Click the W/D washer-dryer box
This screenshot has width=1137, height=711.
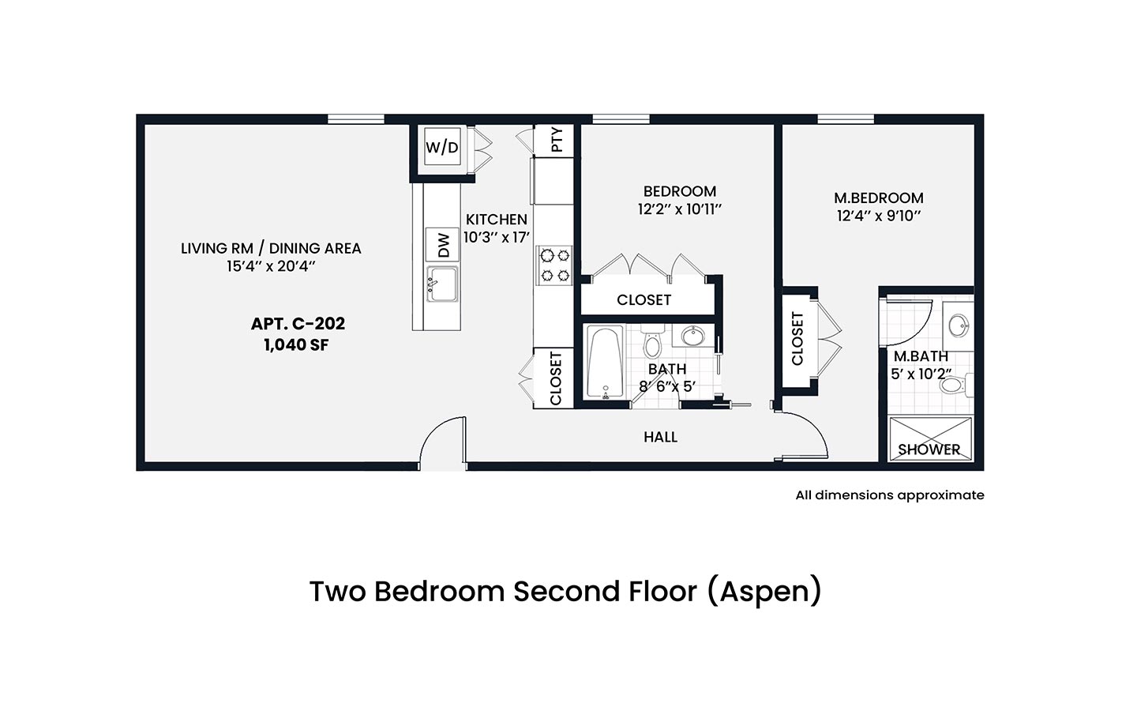pos(442,146)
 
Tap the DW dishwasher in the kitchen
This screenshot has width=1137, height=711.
pos(443,245)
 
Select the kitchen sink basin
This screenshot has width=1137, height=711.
pos(443,284)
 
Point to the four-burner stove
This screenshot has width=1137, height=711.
pos(555,265)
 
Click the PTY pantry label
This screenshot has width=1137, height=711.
pos(557,140)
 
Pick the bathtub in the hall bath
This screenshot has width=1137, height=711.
pos(605,362)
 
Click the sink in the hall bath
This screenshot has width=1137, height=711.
pos(692,336)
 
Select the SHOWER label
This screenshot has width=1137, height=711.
pos(929,450)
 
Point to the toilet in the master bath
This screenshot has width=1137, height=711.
pos(956,385)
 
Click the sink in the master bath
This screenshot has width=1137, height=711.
pos(959,325)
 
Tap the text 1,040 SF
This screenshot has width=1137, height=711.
pos(296,345)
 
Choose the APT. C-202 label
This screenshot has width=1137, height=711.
pos(298,324)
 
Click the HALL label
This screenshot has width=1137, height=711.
pos(660,437)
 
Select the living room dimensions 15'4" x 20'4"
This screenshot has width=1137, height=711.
pos(271,266)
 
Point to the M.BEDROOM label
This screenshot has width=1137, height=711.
pos(879,197)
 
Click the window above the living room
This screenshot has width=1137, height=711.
pos(356,118)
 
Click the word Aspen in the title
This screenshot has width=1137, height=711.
pos(764,592)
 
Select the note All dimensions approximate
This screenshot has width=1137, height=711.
pos(890,495)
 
